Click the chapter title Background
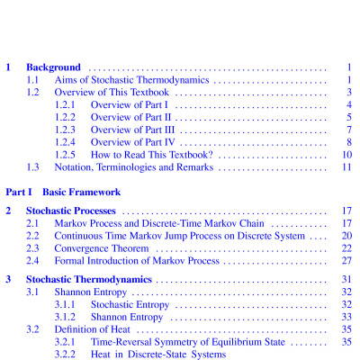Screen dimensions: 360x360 pyautogui.click(x=54, y=67)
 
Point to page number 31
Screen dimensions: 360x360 pyautogui.click(x=346, y=280)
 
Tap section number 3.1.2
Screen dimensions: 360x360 pyautogui.click(x=67, y=318)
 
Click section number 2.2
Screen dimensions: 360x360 pyautogui.click(x=33, y=236)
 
